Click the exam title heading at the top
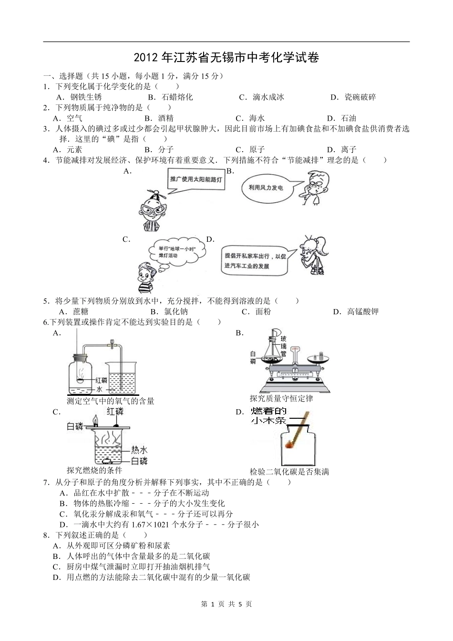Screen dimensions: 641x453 click(x=226, y=58)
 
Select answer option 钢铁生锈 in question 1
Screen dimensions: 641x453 click(x=81, y=97)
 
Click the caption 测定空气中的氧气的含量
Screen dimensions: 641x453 click(x=111, y=401)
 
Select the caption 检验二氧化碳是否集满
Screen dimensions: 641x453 click(x=289, y=472)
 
